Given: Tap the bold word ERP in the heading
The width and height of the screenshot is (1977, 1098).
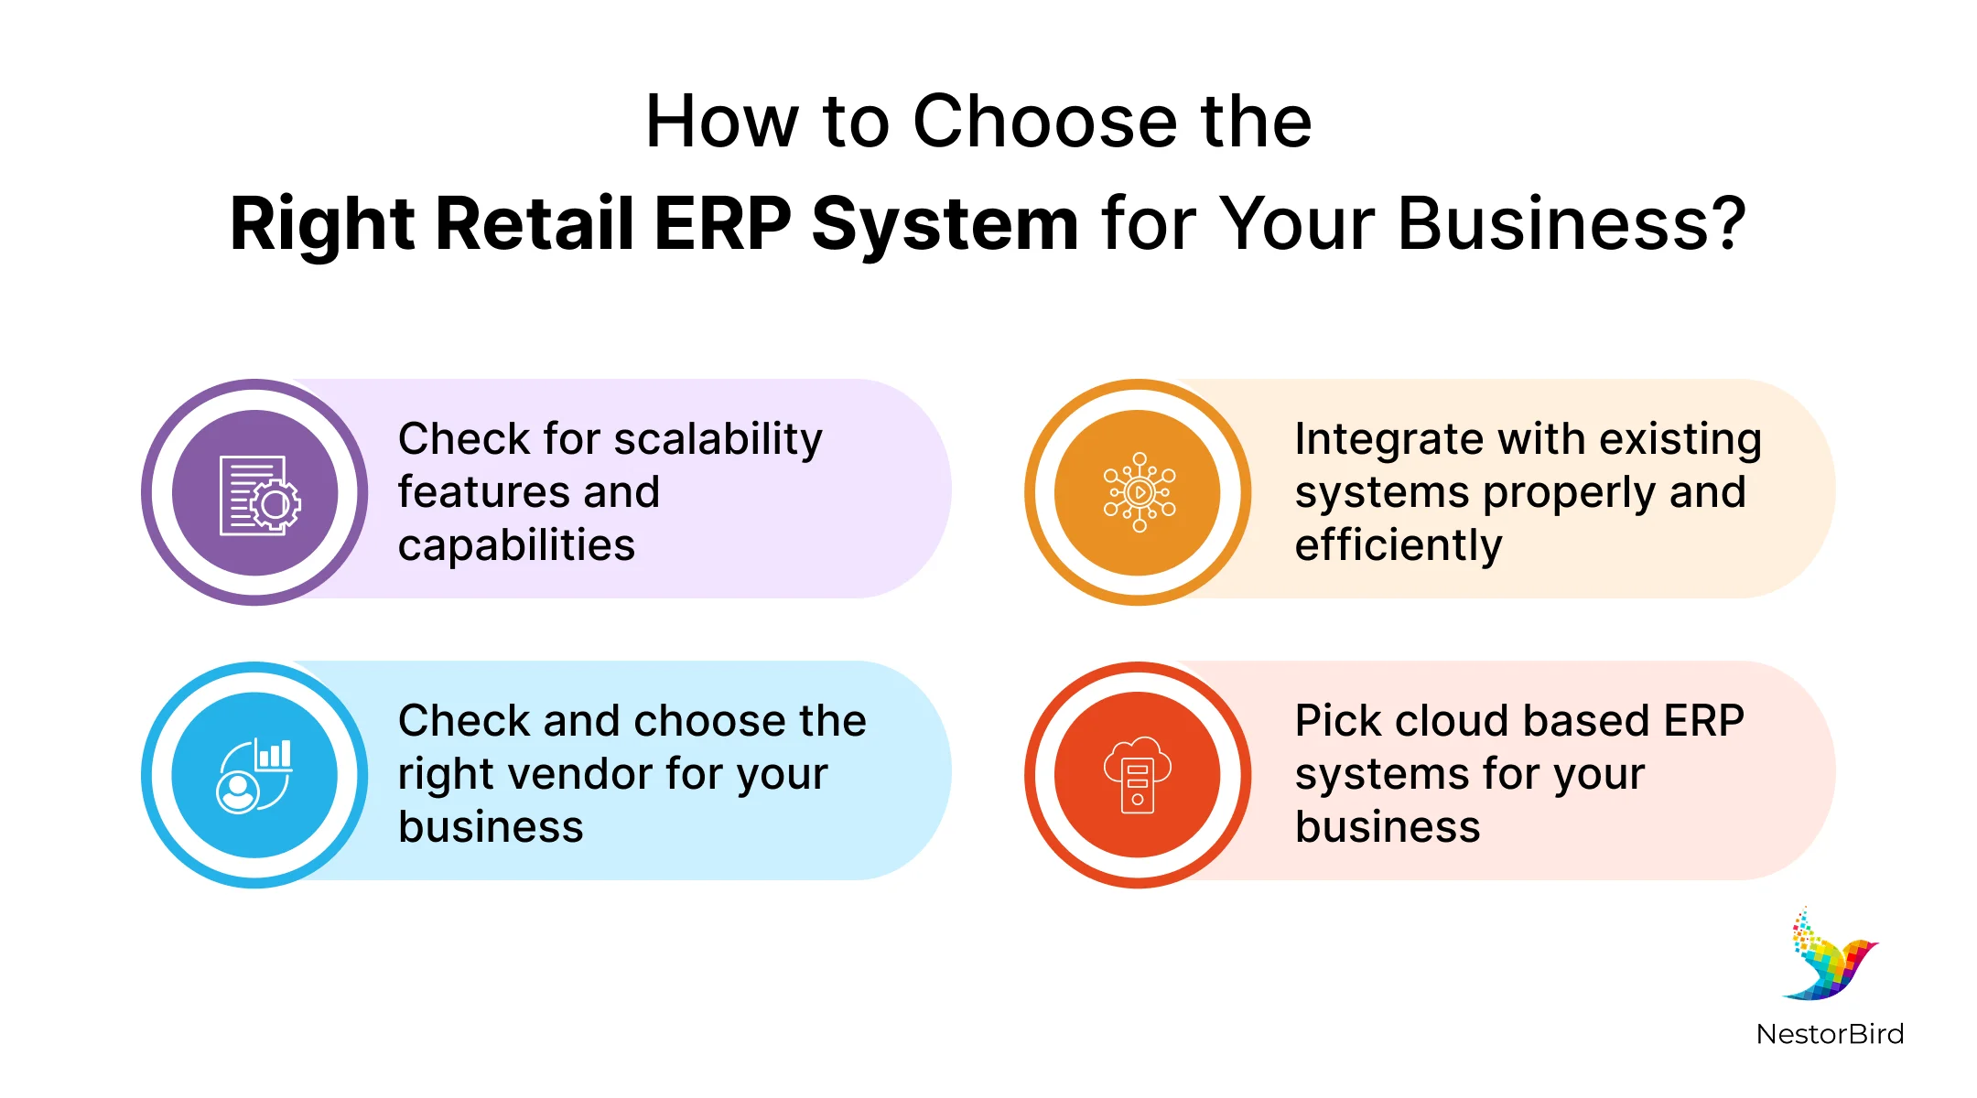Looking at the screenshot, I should click(x=722, y=224).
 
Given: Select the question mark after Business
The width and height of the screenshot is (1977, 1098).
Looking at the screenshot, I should click(x=1728, y=224).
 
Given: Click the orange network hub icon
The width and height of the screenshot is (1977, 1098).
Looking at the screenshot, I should click(x=1138, y=492).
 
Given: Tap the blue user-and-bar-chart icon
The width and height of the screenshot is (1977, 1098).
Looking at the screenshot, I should click(x=254, y=775).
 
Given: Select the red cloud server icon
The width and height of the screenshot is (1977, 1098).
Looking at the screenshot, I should click(x=1138, y=775).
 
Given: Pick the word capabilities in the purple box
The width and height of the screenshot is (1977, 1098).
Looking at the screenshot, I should click(x=516, y=546).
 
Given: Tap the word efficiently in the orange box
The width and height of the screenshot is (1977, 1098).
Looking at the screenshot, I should click(x=1398, y=546).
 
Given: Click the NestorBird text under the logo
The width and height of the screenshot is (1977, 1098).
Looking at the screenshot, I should click(x=1830, y=1034).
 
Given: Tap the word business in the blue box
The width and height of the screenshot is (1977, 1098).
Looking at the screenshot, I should click(x=491, y=827).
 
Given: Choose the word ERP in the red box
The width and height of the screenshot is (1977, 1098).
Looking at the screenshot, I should click(x=1703, y=721).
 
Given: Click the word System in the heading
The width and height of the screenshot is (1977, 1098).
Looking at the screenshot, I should click(x=945, y=224).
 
